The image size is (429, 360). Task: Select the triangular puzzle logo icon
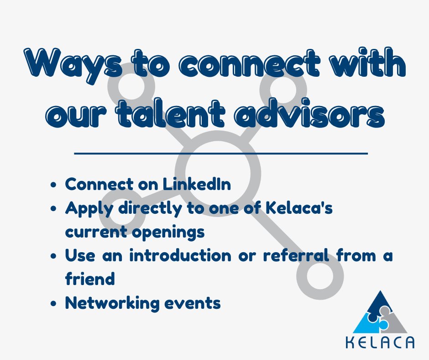coord(381,313)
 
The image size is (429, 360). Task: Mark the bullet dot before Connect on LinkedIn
coord(54,185)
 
